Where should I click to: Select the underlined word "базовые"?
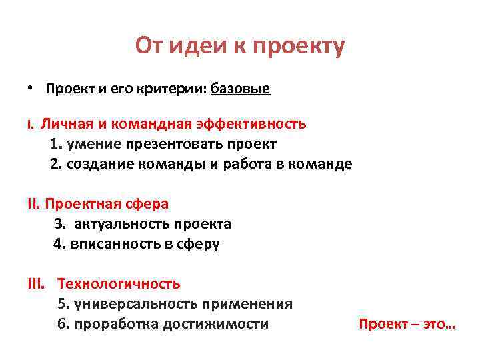pos(241,89)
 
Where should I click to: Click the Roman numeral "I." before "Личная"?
pos(30,125)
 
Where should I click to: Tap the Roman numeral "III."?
pos(37,284)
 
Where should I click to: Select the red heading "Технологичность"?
pos(119,284)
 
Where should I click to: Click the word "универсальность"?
pos(133,304)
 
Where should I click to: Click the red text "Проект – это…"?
pos(407,325)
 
